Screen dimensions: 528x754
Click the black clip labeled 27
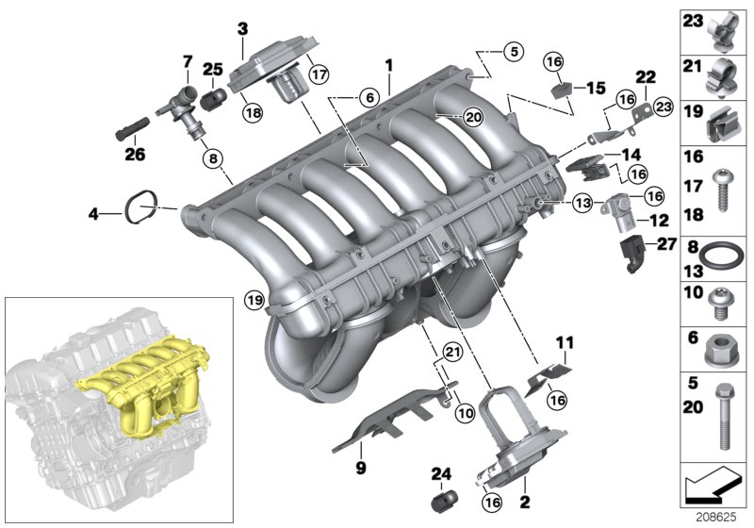point(631,253)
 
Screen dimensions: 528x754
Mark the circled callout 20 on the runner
point(472,116)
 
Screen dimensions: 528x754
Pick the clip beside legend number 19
point(722,120)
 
